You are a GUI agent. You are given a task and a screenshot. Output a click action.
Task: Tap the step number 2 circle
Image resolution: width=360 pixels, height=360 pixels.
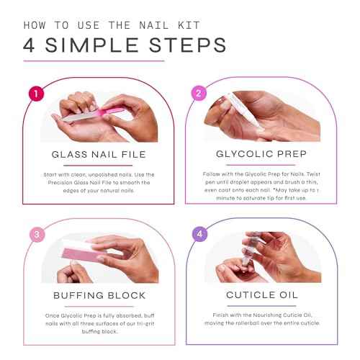pos(197,93)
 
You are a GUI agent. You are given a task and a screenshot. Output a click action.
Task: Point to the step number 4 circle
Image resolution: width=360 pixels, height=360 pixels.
pos(197,234)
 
